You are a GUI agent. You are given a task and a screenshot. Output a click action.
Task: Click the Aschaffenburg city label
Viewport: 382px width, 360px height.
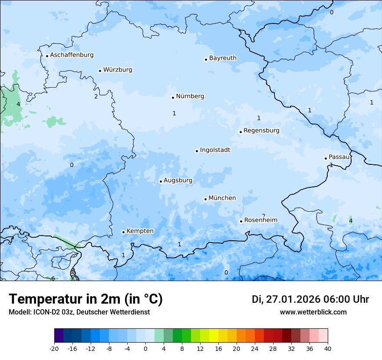(x=72, y=55)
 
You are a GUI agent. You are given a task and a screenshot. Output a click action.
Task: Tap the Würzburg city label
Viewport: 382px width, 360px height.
(x=118, y=70)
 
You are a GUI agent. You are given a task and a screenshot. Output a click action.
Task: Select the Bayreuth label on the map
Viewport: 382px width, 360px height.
(x=223, y=58)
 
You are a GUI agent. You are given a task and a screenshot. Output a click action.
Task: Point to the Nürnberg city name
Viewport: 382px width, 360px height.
(x=190, y=96)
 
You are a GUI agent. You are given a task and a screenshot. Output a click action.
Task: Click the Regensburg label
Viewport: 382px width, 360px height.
(x=261, y=131)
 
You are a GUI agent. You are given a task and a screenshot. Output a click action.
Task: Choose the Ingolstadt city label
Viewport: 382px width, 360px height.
(x=215, y=150)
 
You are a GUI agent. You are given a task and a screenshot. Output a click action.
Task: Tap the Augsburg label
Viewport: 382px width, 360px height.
(x=178, y=180)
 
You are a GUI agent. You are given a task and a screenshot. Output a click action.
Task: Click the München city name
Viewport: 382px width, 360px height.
(x=222, y=198)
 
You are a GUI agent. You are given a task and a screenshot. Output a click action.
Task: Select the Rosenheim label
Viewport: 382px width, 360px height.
(x=260, y=220)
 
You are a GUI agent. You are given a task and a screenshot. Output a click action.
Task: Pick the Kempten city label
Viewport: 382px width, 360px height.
(x=140, y=231)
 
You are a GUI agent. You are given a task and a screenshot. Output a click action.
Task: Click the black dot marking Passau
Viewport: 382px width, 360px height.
(x=326, y=158)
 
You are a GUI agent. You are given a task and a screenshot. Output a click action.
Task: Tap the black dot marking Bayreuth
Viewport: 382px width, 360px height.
(x=206, y=59)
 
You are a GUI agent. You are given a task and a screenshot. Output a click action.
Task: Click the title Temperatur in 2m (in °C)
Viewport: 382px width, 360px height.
(x=86, y=299)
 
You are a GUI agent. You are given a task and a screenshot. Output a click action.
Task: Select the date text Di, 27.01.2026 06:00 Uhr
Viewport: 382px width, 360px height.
(x=310, y=299)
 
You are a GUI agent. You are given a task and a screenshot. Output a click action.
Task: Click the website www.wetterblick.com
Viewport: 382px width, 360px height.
(x=313, y=312)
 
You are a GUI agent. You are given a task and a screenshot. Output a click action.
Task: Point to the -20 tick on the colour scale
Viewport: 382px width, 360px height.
(x=54, y=348)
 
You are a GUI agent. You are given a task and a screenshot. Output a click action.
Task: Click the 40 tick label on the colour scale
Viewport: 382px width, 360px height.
(x=328, y=348)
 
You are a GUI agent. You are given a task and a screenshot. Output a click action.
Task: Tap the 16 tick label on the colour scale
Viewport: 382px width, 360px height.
(x=218, y=348)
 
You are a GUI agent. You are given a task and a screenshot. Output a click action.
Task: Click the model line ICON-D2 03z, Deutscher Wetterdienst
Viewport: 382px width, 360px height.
(x=79, y=312)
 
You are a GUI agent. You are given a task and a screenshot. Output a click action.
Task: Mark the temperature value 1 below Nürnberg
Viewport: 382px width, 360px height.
(x=174, y=113)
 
